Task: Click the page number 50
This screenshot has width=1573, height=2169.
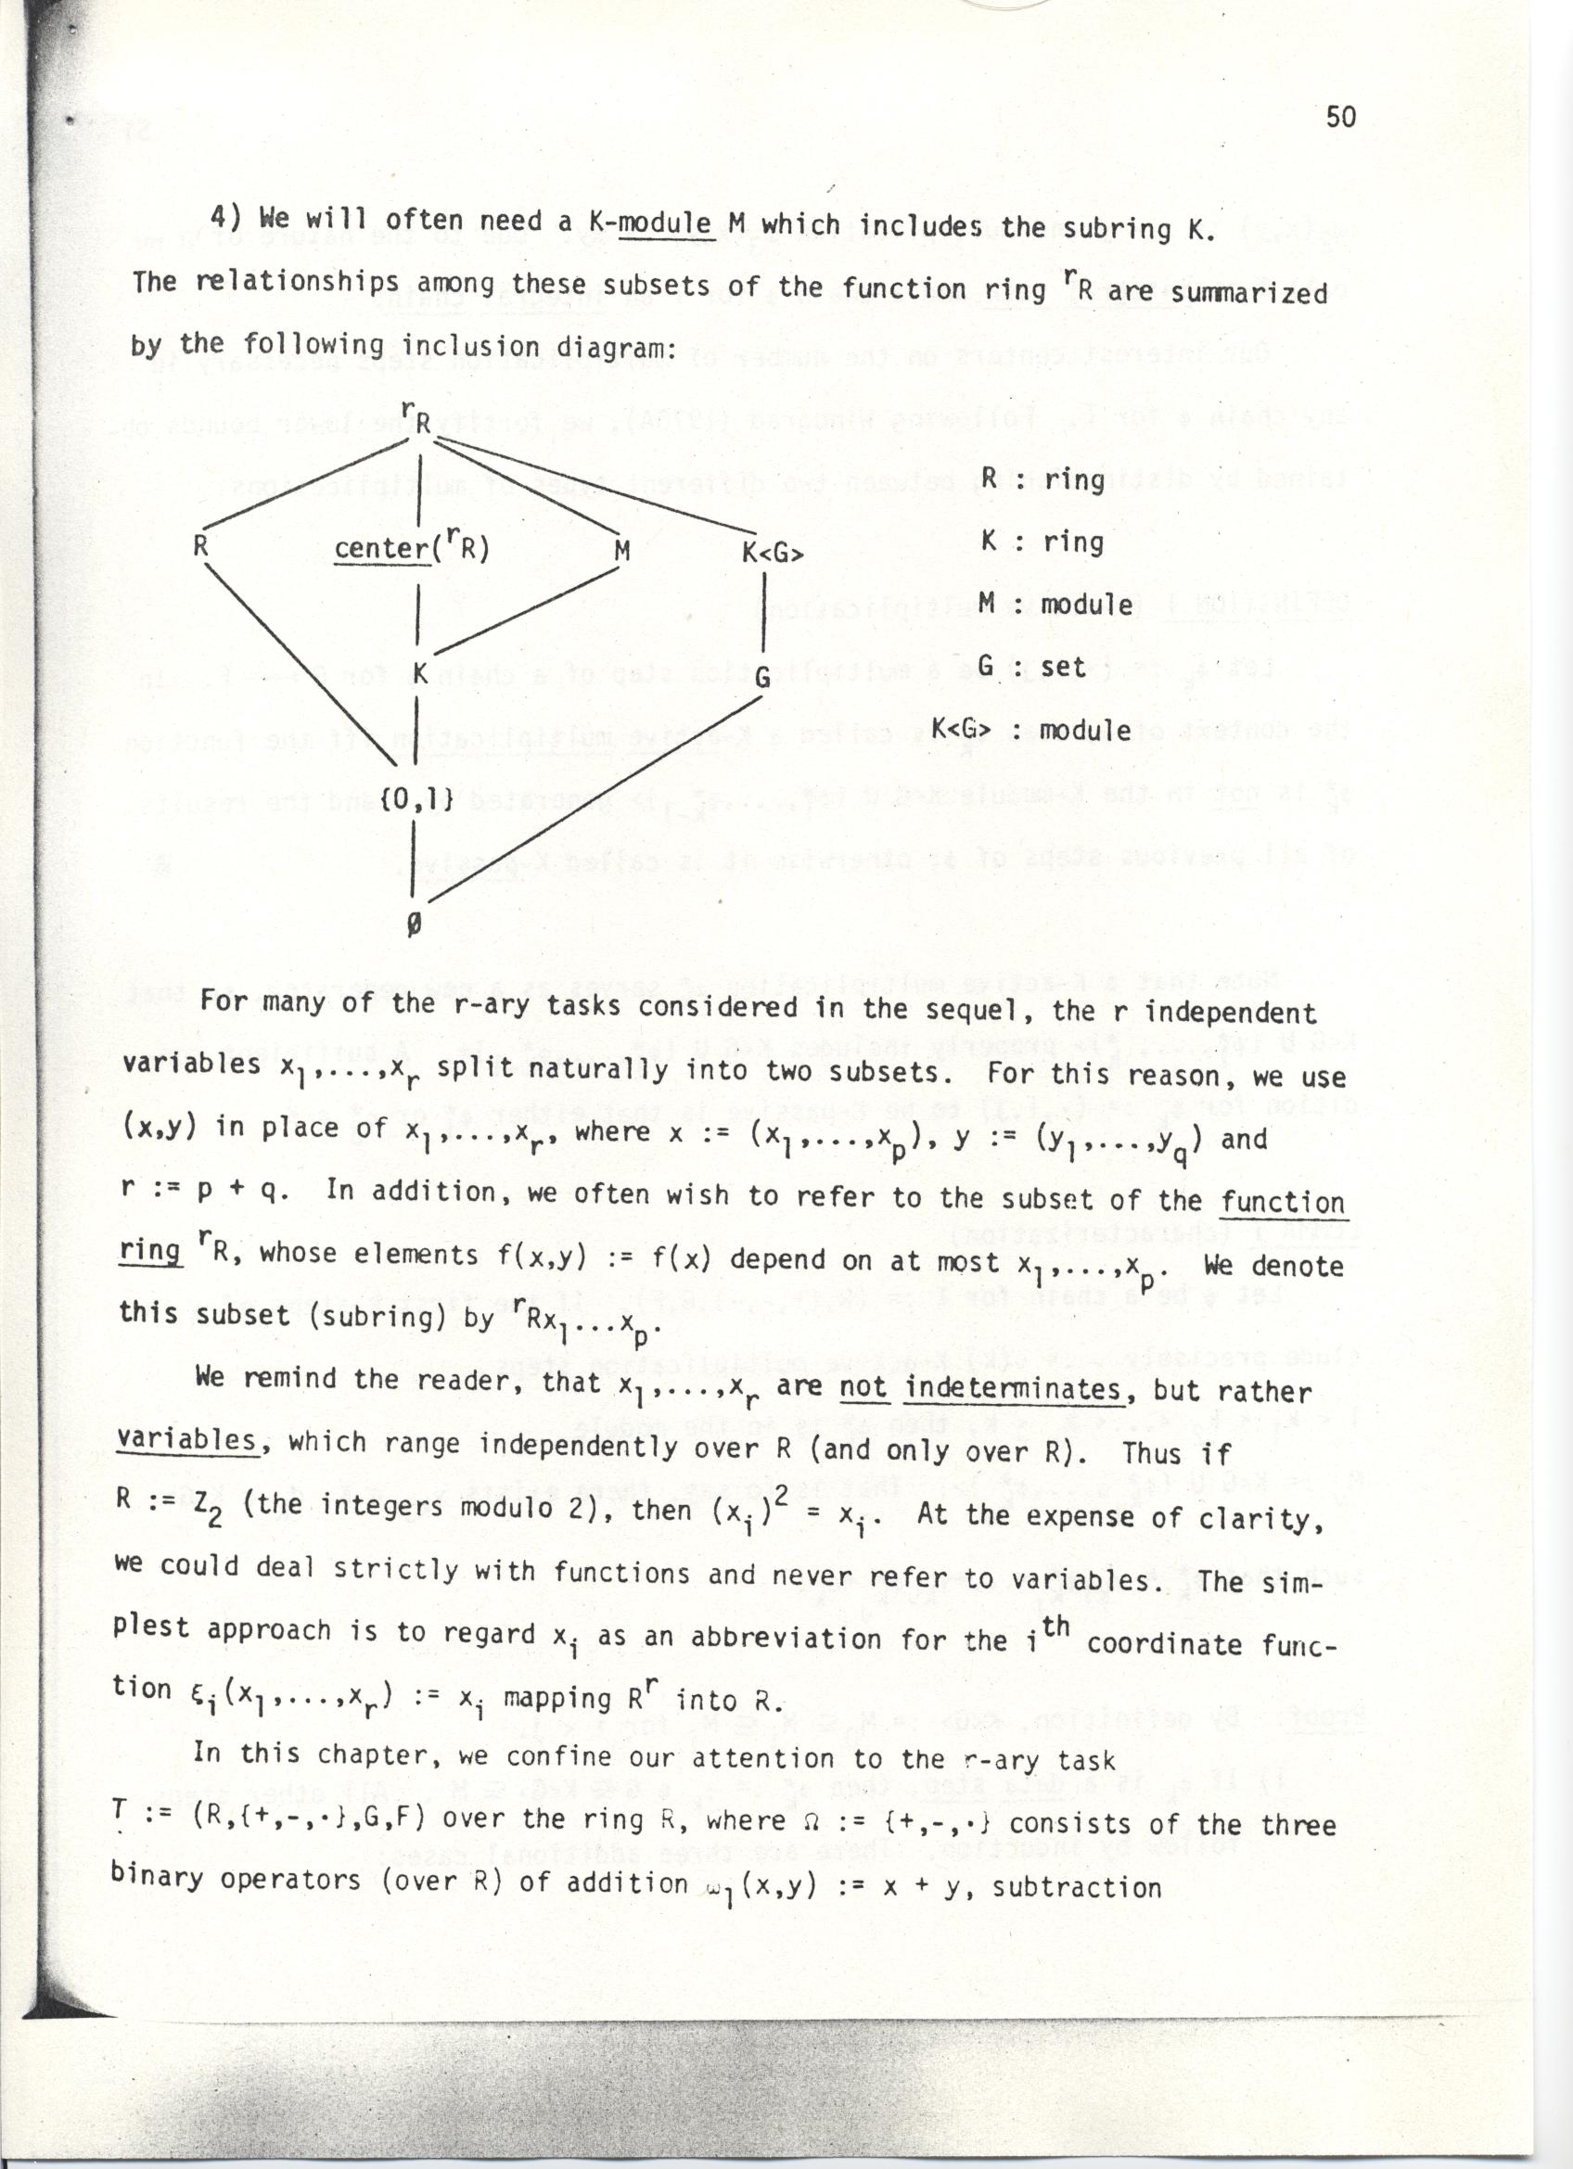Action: pyautogui.click(x=1340, y=117)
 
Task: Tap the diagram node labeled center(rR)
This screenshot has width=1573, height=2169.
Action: pyautogui.click(x=411, y=549)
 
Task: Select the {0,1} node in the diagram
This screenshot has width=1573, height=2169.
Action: pyautogui.click(x=415, y=801)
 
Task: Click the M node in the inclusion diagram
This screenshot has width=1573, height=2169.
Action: pyautogui.click(x=621, y=551)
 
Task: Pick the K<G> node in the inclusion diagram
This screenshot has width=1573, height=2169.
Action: pyautogui.click(x=773, y=553)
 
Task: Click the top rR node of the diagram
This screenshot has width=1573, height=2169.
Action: pyautogui.click(x=418, y=419)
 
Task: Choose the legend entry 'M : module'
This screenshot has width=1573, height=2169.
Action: pyautogui.click(x=1055, y=605)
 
